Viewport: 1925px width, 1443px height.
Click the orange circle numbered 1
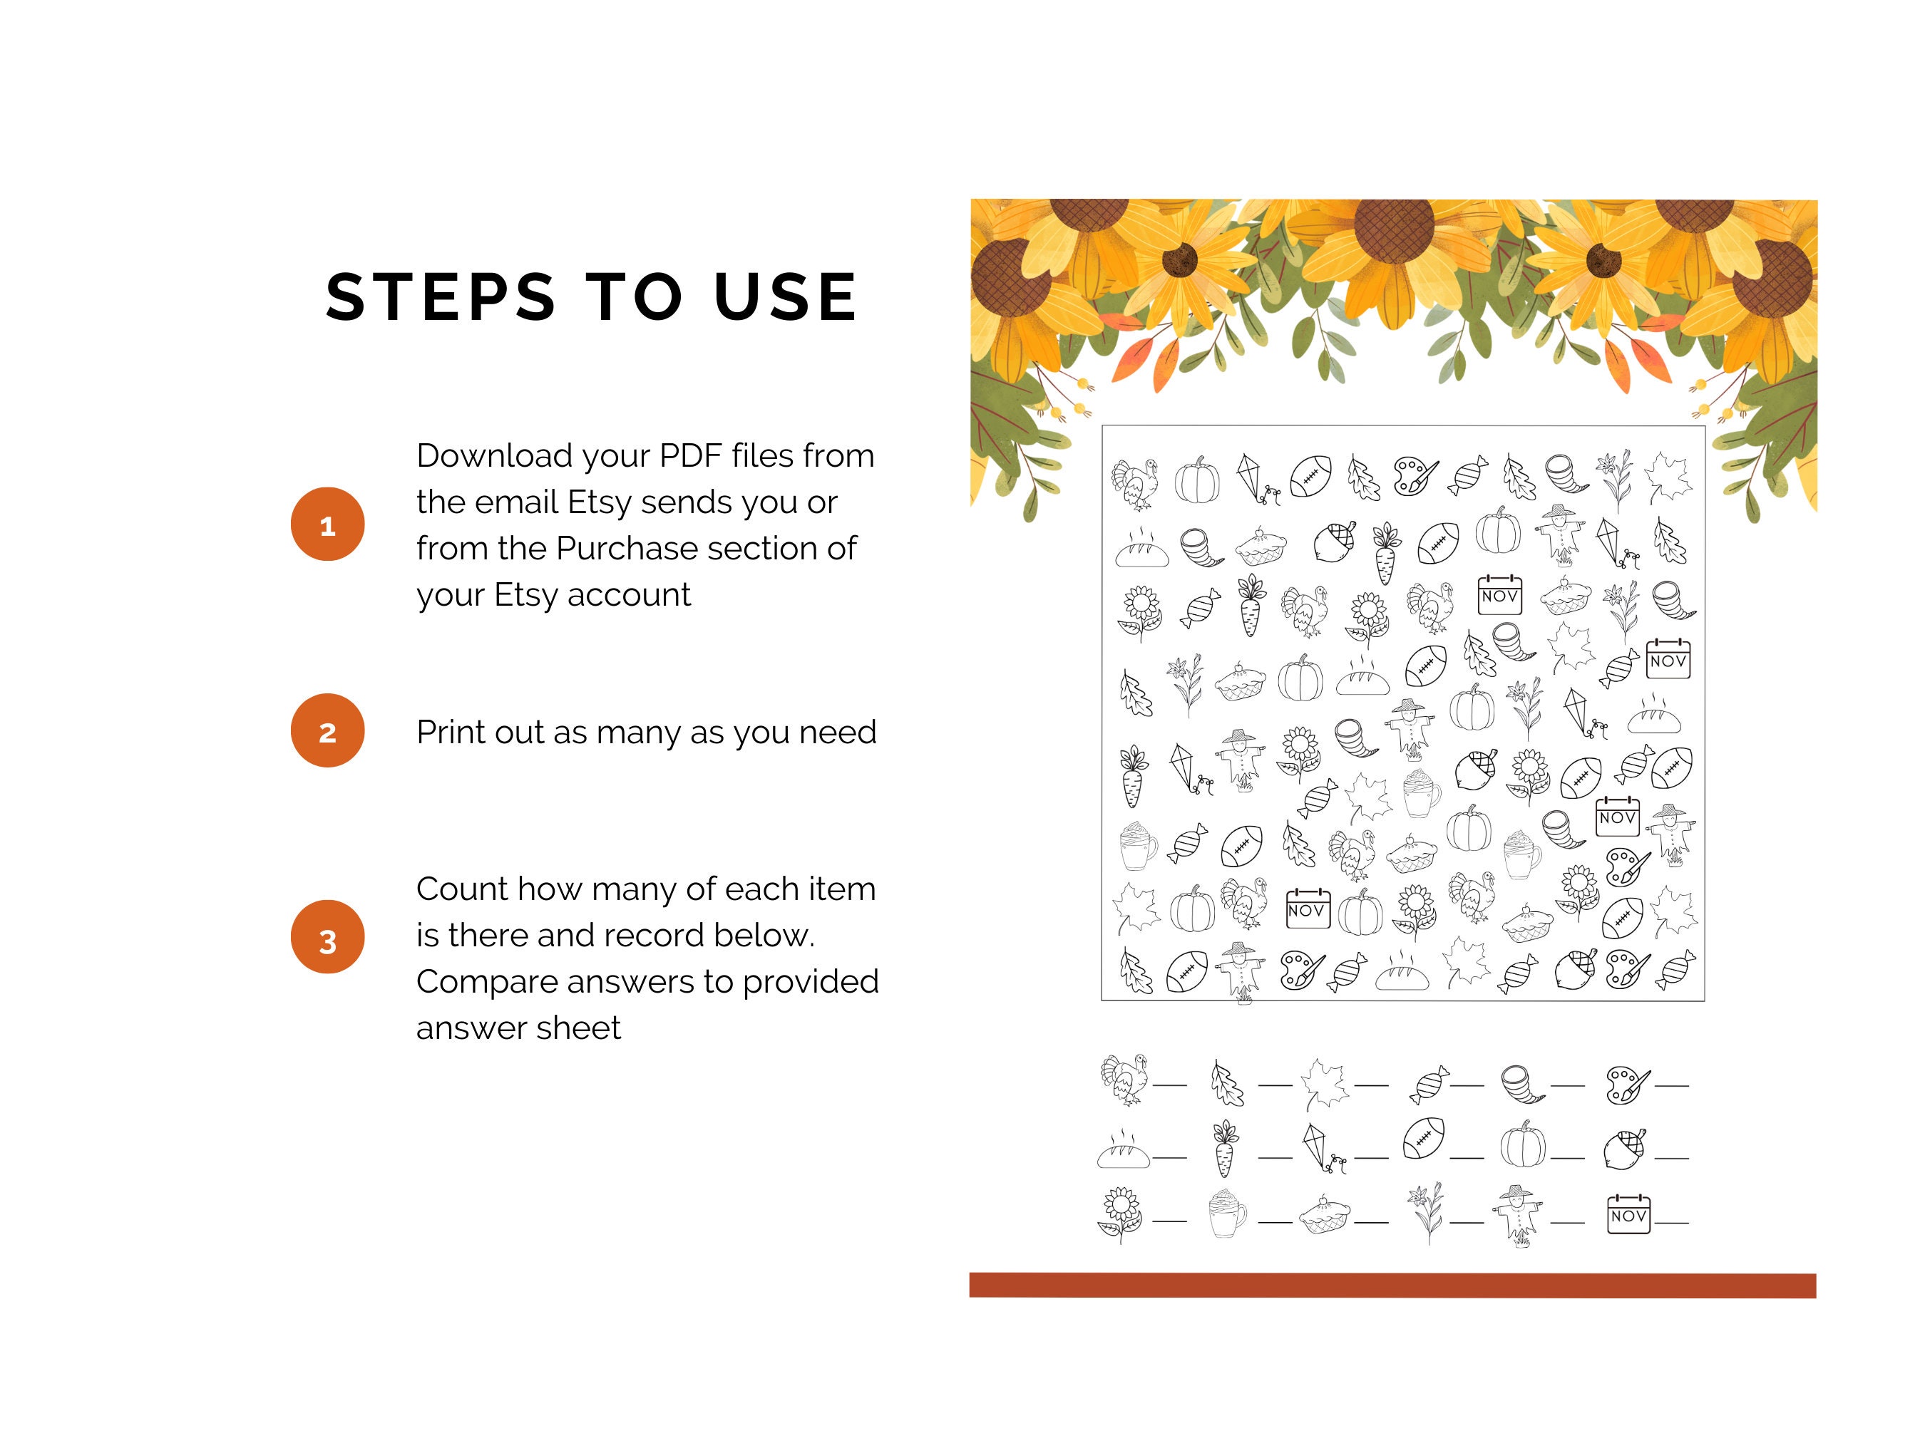327,524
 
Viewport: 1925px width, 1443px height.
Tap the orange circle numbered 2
327,730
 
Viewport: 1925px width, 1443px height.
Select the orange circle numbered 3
327,937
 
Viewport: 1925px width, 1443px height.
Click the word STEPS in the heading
441,297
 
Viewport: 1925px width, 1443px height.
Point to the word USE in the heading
785,297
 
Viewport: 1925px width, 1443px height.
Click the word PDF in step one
690,456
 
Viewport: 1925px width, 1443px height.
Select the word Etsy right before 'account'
526,595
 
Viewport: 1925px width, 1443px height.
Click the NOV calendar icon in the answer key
1628,1214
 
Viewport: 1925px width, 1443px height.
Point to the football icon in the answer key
1424,1139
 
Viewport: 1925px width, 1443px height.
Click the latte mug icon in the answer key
1227,1214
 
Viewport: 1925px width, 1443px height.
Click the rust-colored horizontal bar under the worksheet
1392,1285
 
